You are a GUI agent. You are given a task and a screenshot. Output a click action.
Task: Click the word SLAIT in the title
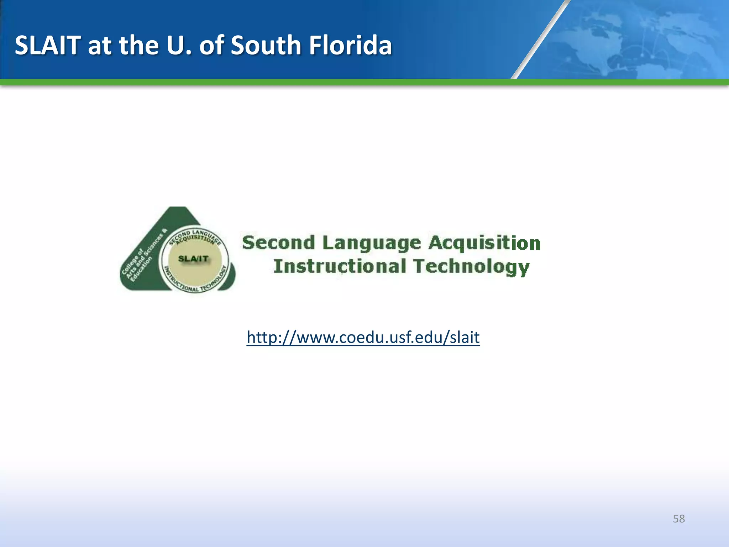[48, 46]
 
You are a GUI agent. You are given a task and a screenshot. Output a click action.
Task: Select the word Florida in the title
[350, 46]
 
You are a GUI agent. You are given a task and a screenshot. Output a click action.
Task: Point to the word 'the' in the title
[138, 46]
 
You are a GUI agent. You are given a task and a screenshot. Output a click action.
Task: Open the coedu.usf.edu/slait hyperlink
[363, 337]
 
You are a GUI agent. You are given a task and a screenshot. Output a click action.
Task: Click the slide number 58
[678, 519]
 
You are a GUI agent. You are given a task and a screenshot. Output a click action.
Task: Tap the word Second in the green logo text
[278, 243]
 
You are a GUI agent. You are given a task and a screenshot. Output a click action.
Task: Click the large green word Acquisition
[484, 244]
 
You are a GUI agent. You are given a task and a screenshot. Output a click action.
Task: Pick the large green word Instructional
[340, 266]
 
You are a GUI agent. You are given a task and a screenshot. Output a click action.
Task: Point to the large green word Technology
[471, 267]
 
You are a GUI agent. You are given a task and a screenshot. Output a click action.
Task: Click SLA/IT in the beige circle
[193, 259]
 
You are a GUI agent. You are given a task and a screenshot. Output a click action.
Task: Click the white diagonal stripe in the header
[541, 39]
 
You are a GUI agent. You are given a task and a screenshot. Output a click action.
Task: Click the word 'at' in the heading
[100, 46]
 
